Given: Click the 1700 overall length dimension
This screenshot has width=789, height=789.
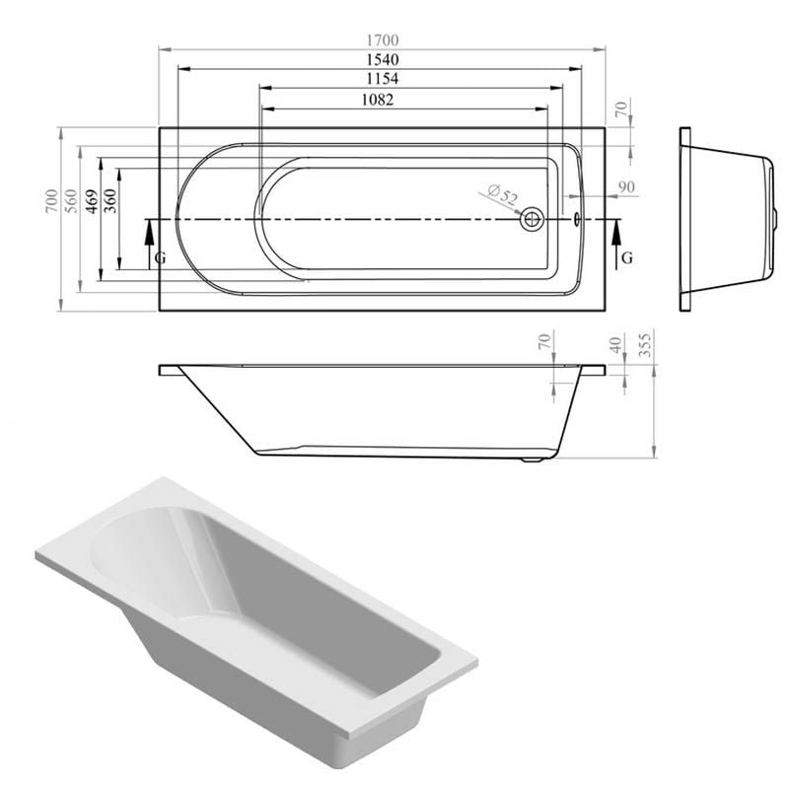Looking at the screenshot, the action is tap(382, 39).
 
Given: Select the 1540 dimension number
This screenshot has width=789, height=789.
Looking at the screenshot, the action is tap(382, 59).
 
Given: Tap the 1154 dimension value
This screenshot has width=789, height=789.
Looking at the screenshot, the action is tap(382, 79).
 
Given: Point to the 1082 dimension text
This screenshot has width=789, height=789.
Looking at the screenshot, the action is tap(378, 100).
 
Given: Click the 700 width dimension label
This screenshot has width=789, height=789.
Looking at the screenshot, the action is tap(52, 200).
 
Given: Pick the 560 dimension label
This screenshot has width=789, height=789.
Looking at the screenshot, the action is tap(72, 200).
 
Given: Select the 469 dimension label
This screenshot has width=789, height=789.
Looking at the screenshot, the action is tap(91, 200).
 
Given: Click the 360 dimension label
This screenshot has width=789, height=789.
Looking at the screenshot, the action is tap(110, 200).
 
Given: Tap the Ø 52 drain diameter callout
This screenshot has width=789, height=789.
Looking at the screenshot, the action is tap(502, 195).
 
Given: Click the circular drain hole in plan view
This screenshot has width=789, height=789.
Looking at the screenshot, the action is tap(532, 219).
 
